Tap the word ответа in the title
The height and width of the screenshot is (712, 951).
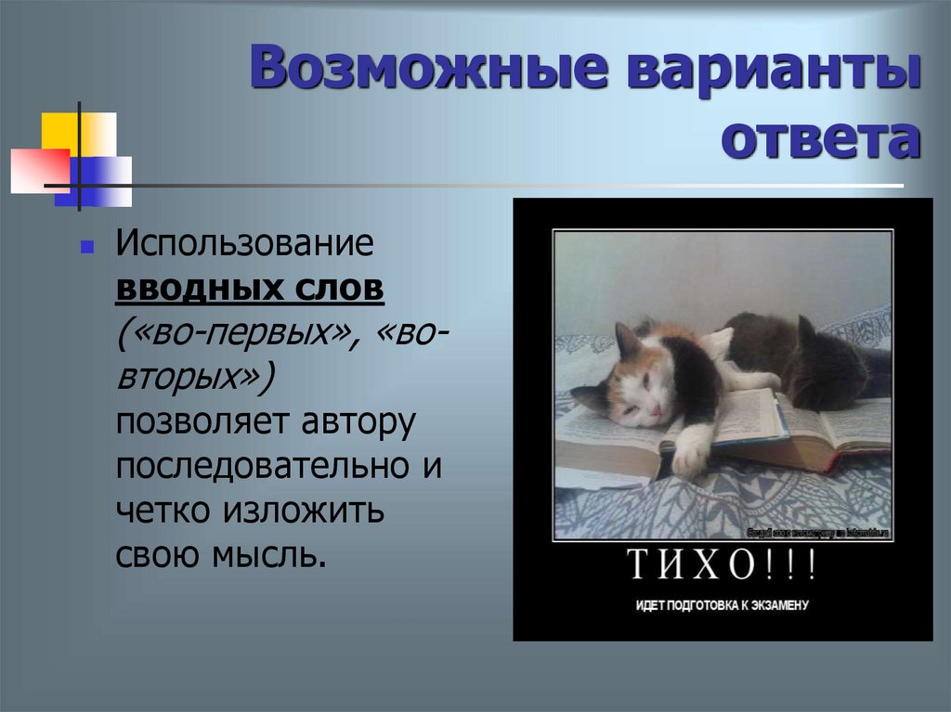(x=822, y=140)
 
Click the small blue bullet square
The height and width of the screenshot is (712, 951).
(x=86, y=250)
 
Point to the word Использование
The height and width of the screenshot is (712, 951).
(x=244, y=245)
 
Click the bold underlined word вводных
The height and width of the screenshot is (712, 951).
(x=193, y=290)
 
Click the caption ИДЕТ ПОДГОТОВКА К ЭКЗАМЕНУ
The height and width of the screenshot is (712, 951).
(x=723, y=605)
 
